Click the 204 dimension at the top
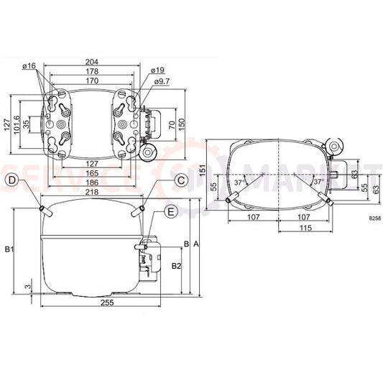click(91, 61)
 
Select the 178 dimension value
click(91, 72)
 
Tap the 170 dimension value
click(91, 81)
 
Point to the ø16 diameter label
click(29, 66)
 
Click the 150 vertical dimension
click(182, 124)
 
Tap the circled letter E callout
click(170, 211)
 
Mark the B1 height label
click(9, 249)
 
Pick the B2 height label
click(176, 267)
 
